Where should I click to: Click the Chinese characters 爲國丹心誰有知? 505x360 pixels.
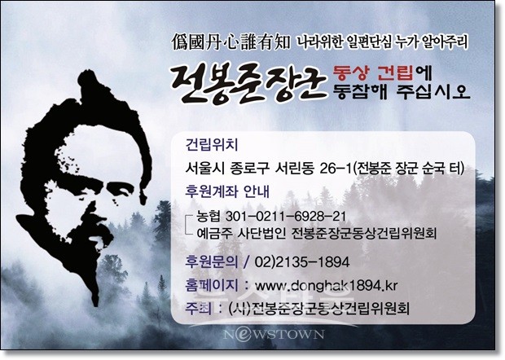(231, 43)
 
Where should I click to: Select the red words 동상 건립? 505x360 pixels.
(373, 73)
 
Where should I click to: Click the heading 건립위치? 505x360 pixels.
(212, 145)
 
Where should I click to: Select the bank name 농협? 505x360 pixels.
(208, 216)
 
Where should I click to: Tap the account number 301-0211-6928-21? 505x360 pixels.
(286, 216)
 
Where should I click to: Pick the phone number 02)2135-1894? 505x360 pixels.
(301, 262)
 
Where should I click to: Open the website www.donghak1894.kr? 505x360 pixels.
(326, 285)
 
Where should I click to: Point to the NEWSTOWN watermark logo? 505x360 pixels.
(274, 334)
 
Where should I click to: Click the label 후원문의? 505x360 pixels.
(212, 261)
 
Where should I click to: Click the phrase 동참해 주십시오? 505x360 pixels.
(402, 91)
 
